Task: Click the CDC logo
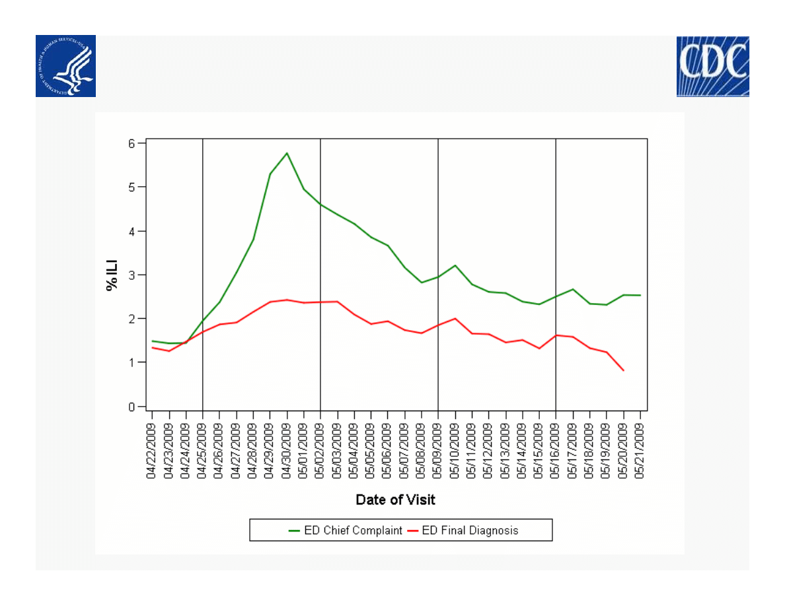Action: [712, 67]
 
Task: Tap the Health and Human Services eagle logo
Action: [65, 66]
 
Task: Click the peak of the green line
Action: [287, 153]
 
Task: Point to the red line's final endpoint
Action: [623, 370]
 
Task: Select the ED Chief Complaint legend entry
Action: [345, 530]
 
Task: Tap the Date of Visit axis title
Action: [395, 499]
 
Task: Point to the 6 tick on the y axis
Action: [132, 143]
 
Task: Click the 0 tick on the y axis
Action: [132, 407]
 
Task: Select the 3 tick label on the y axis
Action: [132, 275]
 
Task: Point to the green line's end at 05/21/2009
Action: [640, 295]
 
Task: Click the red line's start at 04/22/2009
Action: [153, 347]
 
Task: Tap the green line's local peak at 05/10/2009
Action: [455, 265]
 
